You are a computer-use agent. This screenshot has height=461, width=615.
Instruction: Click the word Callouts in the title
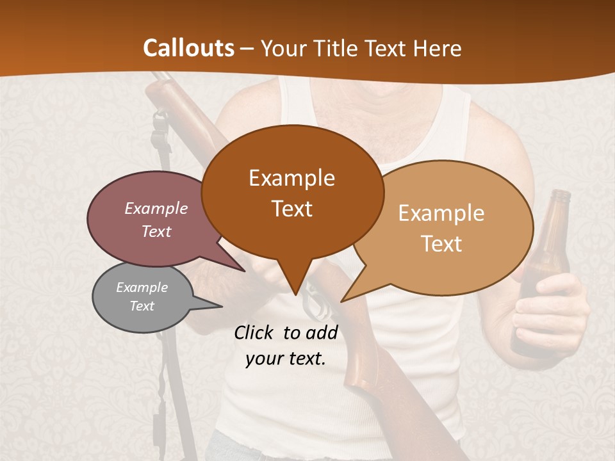coord(188,48)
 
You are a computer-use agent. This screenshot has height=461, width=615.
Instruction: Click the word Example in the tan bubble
coord(441,213)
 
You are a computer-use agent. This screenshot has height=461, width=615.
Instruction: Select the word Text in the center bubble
coord(292,209)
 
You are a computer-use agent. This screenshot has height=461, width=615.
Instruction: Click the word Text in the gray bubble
coord(142,306)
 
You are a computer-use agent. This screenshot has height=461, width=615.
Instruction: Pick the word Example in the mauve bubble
coord(156,209)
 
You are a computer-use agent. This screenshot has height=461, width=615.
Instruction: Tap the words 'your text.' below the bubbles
coord(286,359)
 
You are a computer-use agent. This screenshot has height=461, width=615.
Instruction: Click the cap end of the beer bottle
coord(561,194)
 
